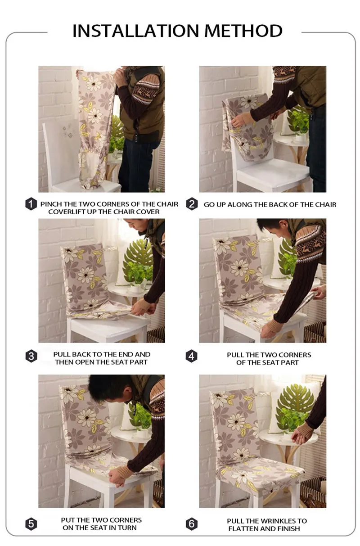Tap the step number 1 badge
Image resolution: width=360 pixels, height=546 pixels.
(31, 204)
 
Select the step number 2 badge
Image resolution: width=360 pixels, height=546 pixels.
(192, 204)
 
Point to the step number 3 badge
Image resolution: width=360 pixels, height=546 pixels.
(31, 356)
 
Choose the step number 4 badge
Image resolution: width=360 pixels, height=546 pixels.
(191, 356)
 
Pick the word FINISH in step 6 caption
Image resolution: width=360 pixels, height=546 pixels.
(288, 529)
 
